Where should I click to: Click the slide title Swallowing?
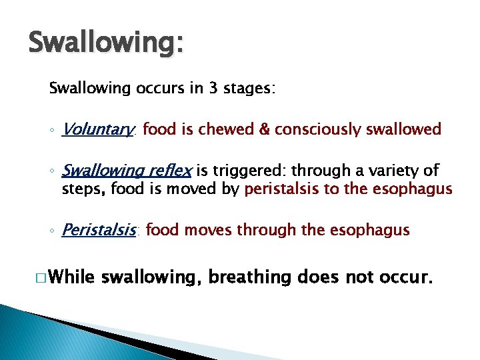click(x=106, y=44)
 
